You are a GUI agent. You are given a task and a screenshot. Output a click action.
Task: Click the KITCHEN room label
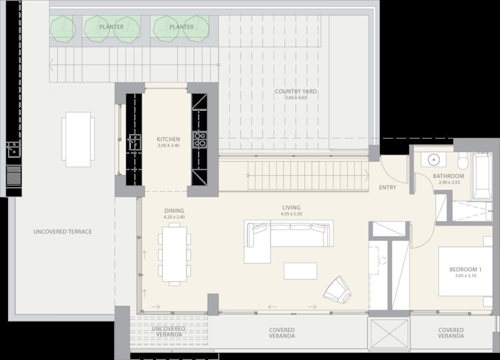[168, 139]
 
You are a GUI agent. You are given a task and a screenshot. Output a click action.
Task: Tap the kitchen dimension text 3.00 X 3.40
[168, 146]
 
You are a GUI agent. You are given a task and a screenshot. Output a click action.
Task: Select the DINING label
[174, 210]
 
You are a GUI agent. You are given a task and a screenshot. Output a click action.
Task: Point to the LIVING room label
[291, 208]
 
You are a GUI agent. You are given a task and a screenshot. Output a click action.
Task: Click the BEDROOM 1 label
[466, 270]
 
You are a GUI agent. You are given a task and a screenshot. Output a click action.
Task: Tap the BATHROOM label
[448, 176]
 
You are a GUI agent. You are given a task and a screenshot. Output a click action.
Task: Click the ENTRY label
[387, 187]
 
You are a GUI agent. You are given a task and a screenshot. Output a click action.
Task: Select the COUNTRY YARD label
[296, 91]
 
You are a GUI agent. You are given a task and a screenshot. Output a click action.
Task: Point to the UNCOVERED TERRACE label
[62, 232]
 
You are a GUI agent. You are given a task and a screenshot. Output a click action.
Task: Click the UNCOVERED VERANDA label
[169, 331]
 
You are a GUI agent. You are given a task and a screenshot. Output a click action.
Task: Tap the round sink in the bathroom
[434, 159]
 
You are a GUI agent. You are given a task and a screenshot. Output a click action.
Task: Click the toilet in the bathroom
[463, 161]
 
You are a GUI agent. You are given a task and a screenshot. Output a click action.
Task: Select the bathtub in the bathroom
[482, 176]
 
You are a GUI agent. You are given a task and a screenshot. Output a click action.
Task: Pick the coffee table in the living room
[300, 271]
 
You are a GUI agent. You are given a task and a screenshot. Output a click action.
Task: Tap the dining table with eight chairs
[174, 254]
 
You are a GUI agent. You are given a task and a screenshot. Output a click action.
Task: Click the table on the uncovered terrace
[78, 140]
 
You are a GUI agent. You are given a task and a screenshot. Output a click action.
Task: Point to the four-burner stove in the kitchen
[200, 140]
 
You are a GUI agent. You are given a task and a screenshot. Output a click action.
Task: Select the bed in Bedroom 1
[466, 271]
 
